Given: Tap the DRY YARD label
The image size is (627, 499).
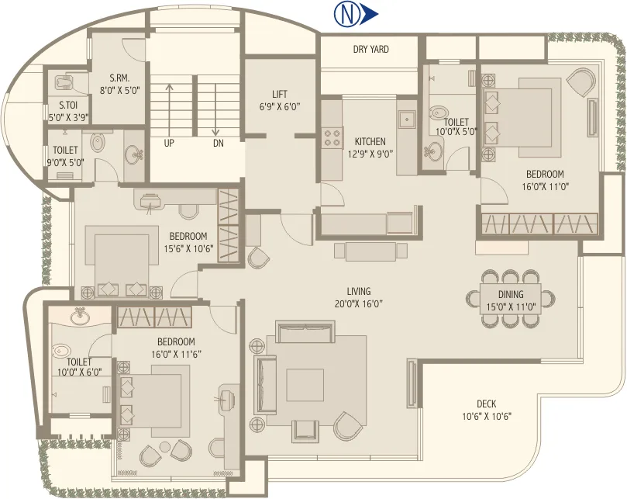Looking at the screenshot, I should (x=370, y=50).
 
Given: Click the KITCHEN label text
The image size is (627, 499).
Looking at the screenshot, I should (x=370, y=142).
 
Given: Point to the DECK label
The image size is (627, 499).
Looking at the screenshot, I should (x=486, y=404).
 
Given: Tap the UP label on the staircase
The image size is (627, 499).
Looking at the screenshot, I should (x=169, y=143).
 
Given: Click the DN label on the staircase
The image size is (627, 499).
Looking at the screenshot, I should (x=219, y=143).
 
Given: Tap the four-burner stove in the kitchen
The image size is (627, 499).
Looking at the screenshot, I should (x=332, y=137).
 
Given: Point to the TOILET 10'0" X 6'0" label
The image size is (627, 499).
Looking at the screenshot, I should (x=79, y=367).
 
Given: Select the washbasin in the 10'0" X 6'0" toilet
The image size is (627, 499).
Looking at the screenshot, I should (x=78, y=317).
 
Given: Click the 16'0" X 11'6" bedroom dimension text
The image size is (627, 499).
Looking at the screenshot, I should (x=174, y=354).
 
